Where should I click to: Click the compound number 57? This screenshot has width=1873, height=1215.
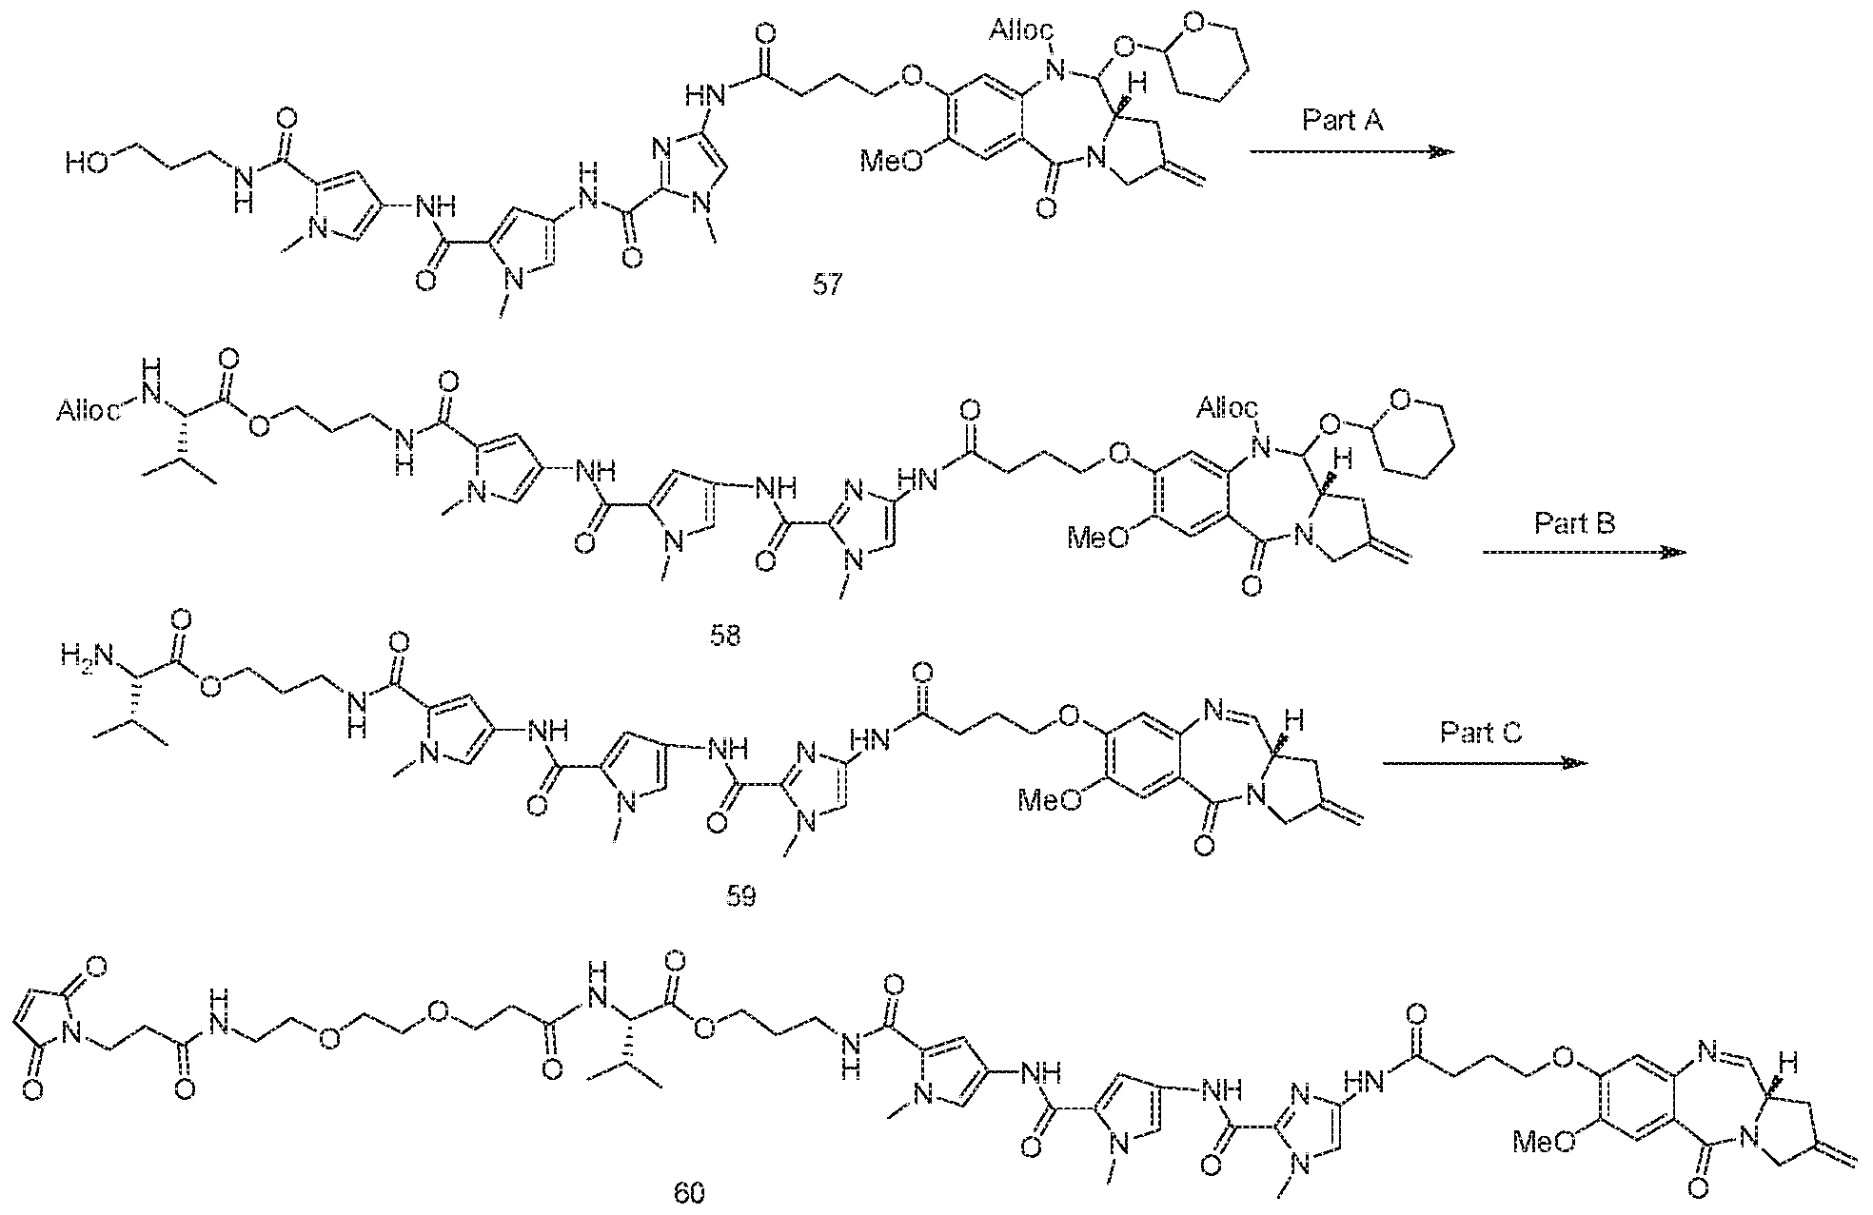click(827, 284)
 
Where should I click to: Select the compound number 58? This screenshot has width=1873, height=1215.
click(725, 636)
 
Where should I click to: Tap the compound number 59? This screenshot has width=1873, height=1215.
click(741, 895)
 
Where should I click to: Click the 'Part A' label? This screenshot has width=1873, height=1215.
click(1342, 121)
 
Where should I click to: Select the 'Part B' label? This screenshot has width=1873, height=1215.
click(1575, 522)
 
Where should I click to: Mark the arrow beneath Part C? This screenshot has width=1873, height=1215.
click(1485, 762)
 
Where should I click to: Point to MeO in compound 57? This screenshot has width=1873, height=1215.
click(891, 160)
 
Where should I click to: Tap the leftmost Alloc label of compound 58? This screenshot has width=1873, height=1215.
click(88, 412)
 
